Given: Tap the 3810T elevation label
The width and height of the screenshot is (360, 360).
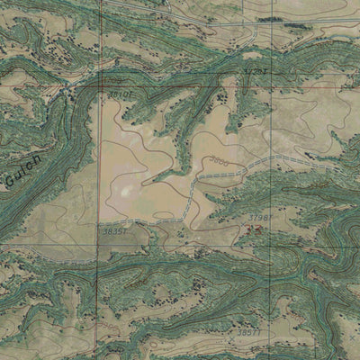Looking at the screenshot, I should [120, 94].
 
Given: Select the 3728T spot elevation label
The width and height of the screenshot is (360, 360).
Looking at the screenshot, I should [256, 70].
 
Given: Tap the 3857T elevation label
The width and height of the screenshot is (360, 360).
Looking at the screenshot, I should [249, 332].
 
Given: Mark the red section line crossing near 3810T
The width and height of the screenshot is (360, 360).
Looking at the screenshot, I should [100, 90].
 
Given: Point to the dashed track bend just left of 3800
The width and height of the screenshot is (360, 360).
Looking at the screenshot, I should [200, 176].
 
